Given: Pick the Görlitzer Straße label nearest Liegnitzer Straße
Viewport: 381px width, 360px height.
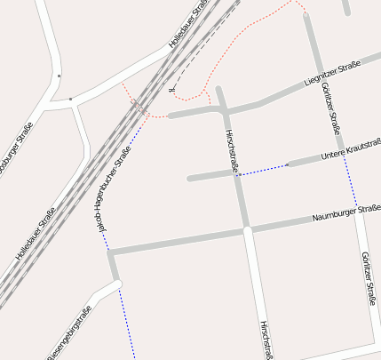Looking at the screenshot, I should pos(328,104).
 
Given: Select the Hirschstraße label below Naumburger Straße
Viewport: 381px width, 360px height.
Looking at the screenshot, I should pos(264,340).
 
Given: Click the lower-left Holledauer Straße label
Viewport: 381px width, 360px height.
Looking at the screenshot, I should pos(36,233).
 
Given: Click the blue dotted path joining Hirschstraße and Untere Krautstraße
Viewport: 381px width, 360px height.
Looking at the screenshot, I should pos(263,170).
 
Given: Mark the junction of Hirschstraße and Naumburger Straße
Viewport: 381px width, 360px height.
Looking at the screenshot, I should pos(247,229).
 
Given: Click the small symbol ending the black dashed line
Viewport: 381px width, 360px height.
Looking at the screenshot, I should pos(169,91).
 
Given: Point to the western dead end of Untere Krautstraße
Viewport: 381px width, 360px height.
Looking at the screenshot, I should pos(189,179).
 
